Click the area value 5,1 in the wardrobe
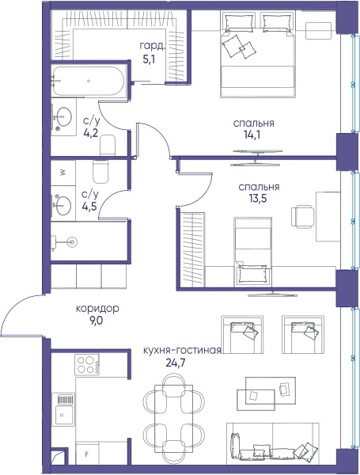pyautogui.click(x=149, y=59)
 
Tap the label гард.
pyautogui.click(x=153, y=46)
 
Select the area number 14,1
pyautogui.click(x=252, y=135)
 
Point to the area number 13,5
pyautogui.click(x=258, y=199)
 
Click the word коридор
pyautogui.click(x=97, y=309)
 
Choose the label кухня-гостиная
pyautogui.click(x=182, y=351)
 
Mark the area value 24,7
pyautogui.click(x=176, y=363)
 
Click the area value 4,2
pyautogui.click(x=90, y=133)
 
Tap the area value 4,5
pyautogui.click(x=89, y=207)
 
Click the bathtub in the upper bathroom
pyautogui.click(x=88, y=81)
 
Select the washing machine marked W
pyautogui.click(x=63, y=173)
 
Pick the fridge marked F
pyautogui.click(x=87, y=454)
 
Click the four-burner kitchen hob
pyautogui.click(x=86, y=365)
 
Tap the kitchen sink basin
pyautogui.click(x=64, y=415)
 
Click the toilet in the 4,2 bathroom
pyautogui.click(x=108, y=145)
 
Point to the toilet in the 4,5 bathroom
pyautogui.click(x=100, y=172)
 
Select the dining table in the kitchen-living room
pyautogui.click(x=173, y=418)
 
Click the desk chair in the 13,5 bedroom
pyautogui.click(x=302, y=216)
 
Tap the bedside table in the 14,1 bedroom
pyautogui.click(x=318, y=31)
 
